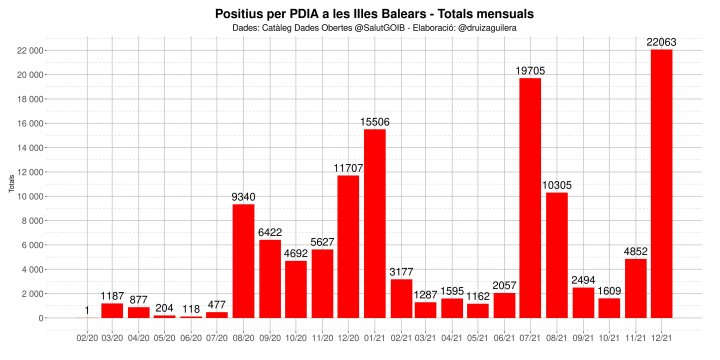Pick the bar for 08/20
click(244, 261)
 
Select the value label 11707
click(348, 168)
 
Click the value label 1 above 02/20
click(88, 311)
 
